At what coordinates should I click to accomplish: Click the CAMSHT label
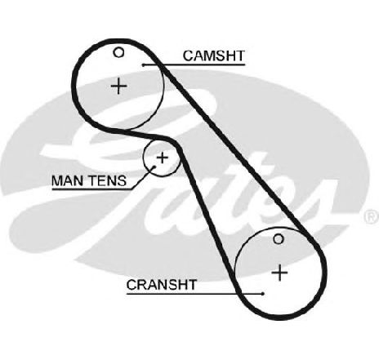[214, 56]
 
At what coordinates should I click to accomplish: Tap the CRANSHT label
[161, 285]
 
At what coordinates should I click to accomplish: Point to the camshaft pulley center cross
[119, 87]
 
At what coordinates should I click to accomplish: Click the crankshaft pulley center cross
[279, 273]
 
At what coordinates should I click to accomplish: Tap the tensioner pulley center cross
[163, 158]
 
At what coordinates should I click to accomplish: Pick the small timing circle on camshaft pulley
[118, 52]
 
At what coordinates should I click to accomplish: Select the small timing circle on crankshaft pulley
[279, 239]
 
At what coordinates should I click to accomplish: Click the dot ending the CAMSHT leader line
[143, 65]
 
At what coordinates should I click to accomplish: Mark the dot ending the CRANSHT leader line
[263, 294]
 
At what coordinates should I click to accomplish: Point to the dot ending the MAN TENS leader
[154, 167]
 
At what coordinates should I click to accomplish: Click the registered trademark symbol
[372, 217]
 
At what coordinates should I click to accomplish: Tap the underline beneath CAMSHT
[194, 65]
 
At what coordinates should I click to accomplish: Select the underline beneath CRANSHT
[194, 294]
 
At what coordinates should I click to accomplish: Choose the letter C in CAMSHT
[188, 56]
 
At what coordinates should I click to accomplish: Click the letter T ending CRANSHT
[191, 285]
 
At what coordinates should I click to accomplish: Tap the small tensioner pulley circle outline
[144, 158]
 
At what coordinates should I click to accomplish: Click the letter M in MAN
[57, 180]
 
